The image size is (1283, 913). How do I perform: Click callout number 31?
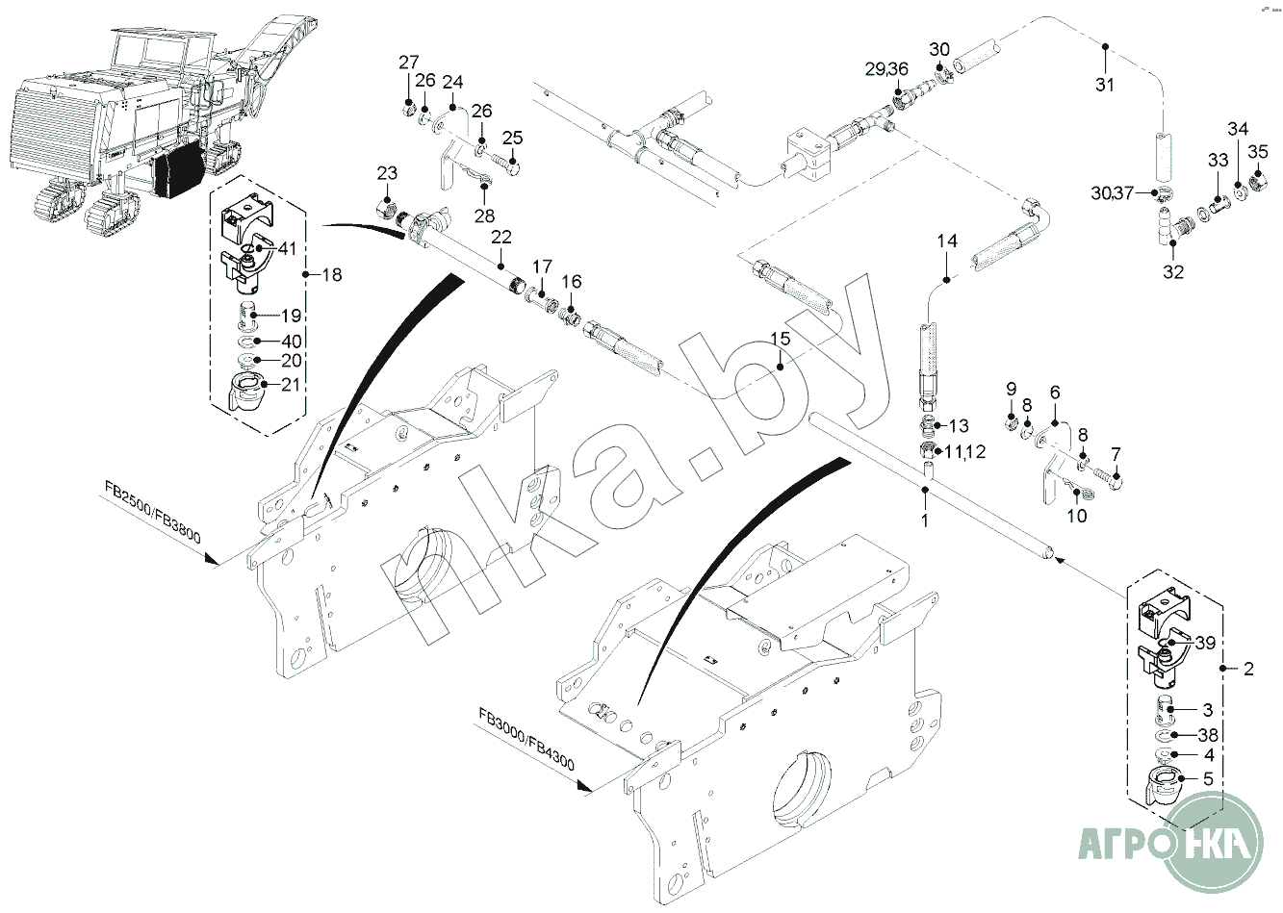point(1105,85)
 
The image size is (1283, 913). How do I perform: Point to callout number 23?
point(387,173)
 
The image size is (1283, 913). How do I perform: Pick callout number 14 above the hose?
point(948,241)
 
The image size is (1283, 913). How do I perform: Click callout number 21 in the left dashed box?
point(290,384)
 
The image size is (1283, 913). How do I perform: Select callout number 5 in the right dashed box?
point(1208,779)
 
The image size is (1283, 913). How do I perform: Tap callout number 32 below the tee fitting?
point(1172,271)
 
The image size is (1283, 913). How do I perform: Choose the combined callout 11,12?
point(964,452)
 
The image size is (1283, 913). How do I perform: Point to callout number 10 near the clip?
point(1077,516)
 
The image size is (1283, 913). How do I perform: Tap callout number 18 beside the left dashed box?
point(331,275)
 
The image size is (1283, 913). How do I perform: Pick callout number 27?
point(408,63)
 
